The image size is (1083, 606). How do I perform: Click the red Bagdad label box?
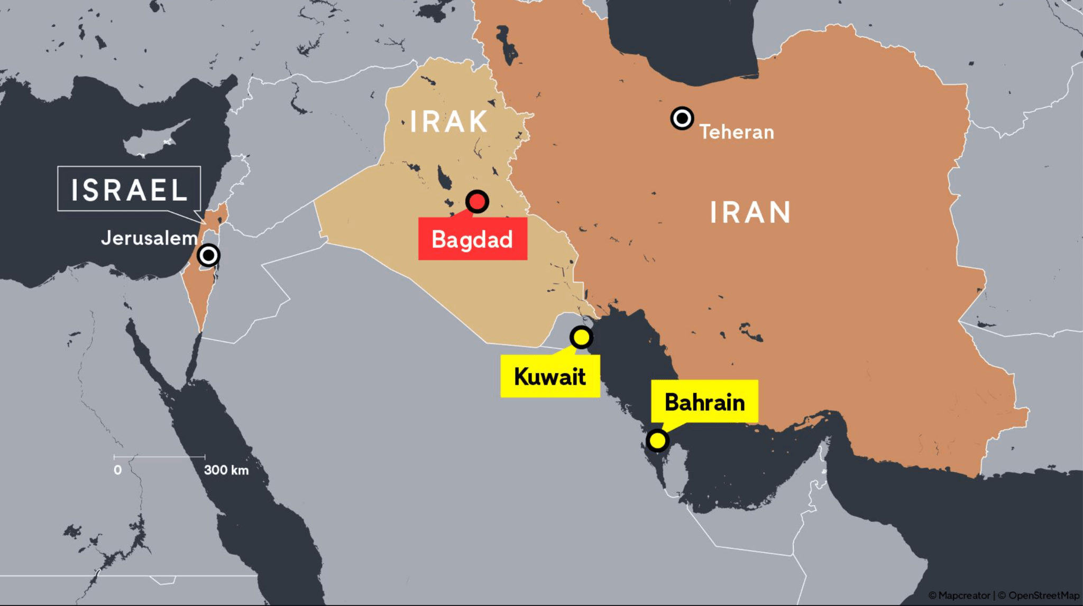pyautogui.click(x=472, y=239)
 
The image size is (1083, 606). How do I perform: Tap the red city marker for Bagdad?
pyautogui.click(x=477, y=201)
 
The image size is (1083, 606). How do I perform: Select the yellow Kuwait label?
pyautogui.click(x=550, y=376)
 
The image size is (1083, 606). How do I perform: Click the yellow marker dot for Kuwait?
pyautogui.click(x=581, y=337)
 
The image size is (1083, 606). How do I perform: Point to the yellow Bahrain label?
pyautogui.click(x=704, y=402)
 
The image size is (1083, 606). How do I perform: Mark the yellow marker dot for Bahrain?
pyautogui.click(x=657, y=440)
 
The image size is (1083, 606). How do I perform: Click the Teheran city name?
pyautogui.click(x=737, y=132)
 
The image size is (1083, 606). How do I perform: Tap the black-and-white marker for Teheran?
pyautogui.click(x=682, y=118)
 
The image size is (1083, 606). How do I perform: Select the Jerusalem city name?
pyautogui.click(x=149, y=238)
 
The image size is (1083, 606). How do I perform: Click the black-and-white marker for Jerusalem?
pyautogui.click(x=208, y=256)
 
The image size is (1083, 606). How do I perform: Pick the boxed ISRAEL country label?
pyautogui.click(x=129, y=189)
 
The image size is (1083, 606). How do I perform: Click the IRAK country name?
pyautogui.click(x=449, y=122)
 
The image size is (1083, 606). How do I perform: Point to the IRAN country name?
pyautogui.click(x=750, y=212)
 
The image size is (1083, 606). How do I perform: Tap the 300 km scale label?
pyautogui.click(x=226, y=470)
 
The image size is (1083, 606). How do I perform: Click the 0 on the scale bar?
pyautogui.click(x=117, y=470)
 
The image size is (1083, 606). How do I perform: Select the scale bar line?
pyautogui.click(x=159, y=456)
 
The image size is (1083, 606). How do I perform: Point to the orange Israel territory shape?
pyautogui.click(x=198, y=296)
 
